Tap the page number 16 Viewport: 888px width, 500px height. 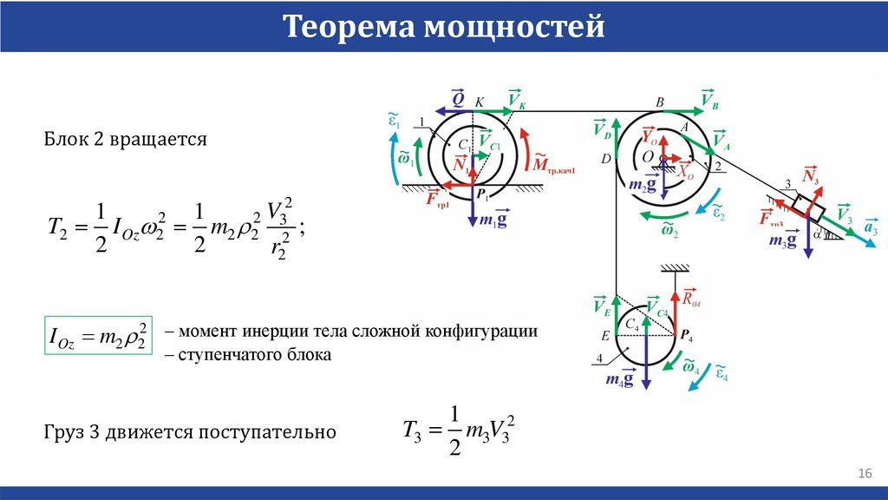(864, 473)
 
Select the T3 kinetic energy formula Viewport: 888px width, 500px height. (463, 431)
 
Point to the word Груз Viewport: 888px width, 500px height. (64, 431)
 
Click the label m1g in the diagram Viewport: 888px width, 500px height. (494, 219)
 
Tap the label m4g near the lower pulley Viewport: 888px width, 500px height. (619, 378)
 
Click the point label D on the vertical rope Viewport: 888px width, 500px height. (606, 159)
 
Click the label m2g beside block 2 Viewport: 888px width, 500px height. (639, 184)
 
